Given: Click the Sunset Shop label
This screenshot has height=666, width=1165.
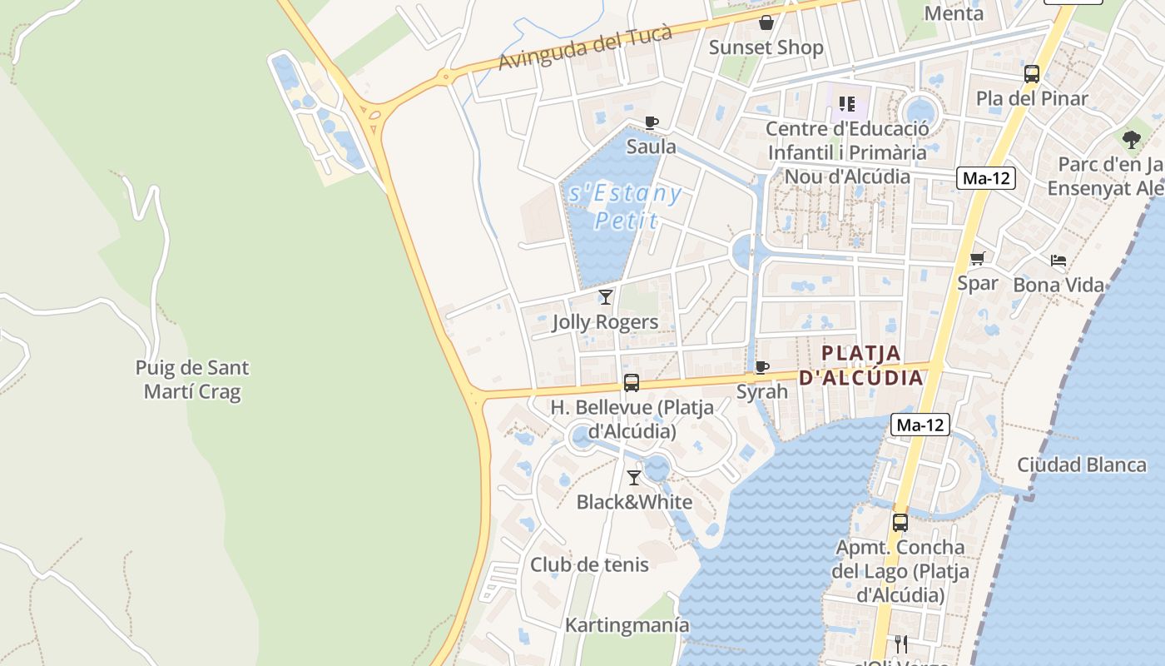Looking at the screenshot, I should pyautogui.click(x=766, y=47).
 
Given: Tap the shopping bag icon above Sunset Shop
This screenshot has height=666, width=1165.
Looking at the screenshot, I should pyautogui.click(x=766, y=22).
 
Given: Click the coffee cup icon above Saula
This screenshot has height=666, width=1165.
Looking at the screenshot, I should pyautogui.click(x=652, y=122).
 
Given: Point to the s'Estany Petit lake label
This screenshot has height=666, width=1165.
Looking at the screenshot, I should pyautogui.click(x=624, y=206).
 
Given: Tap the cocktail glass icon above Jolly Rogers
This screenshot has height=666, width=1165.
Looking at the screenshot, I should pyautogui.click(x=606, y=296).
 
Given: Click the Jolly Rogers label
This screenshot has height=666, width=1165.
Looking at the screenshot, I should pyautogui.click(x=605, y=322).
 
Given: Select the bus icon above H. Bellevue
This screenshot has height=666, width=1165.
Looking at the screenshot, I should pyautogui.click(x=632, y=383).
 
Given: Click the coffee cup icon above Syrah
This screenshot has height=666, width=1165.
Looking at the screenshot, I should pyautogui.click(x=761, y=367).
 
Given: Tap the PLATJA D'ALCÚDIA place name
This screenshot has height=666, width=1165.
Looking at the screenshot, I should pyautogui.click(x=861, y=365).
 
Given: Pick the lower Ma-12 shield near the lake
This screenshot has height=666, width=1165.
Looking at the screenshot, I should pyautogui.click(x=920, y=425).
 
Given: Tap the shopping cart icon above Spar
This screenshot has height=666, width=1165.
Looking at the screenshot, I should pyautogui.click(x=977, y=258).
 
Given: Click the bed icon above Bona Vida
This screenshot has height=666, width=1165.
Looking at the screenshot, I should pyautogui.click(x=1058, y=261).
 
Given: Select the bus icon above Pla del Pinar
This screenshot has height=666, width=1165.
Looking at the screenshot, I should pyautogui.click(x=1032, y=74).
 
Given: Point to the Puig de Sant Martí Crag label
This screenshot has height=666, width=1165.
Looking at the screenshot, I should pyautogui.click(x=192, y=380).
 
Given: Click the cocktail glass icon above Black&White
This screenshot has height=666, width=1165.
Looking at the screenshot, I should pyautogui.click(x=634, y=477).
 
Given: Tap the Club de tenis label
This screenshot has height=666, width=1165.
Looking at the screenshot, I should pyautogui.click(x=589, y=564).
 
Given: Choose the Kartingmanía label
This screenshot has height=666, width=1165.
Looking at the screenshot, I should pyautogui.click(x=627, y=625).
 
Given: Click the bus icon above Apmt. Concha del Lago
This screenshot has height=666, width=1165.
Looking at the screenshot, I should pyautogui.click(x=900, y=523).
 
